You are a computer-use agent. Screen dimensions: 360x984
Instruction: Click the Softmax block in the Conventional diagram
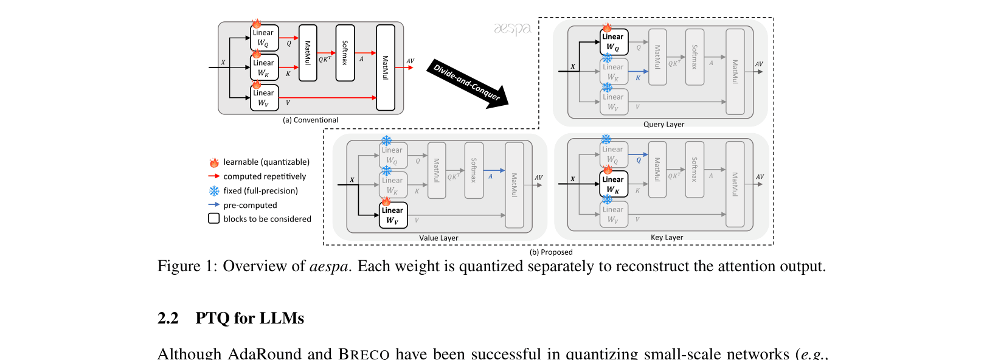(x=345, y=54)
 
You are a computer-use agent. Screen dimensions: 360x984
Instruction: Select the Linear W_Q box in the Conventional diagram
(x=264, y=38)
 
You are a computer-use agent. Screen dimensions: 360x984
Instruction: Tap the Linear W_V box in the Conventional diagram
(x=264, y=98)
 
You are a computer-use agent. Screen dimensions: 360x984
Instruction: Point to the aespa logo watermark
(x=512, y=29)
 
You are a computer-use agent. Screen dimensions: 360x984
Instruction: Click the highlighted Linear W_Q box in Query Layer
(x=614, y=42)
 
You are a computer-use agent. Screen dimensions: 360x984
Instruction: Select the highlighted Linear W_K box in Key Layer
(x=614, y=184)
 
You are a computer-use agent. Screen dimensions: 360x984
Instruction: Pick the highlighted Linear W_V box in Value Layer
(x=393, y=215)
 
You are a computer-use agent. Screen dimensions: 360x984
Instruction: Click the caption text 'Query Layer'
(x=664, y=125)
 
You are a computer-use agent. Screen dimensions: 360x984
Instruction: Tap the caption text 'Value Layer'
(x=438, y=238)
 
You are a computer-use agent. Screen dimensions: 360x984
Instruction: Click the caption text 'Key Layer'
(x=667, y=238)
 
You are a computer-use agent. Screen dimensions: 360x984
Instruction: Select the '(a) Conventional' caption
(x=310, y=120)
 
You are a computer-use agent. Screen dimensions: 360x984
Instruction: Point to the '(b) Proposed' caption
(x=551, y=252)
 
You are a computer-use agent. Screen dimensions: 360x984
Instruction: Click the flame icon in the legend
(x=214, y=162)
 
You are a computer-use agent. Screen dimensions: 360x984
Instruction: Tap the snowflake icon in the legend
(x=214, y=191)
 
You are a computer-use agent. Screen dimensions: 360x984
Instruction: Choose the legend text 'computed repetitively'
(x=265, y=177)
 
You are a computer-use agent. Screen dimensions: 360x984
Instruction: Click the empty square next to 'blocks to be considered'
(x=214, y=218)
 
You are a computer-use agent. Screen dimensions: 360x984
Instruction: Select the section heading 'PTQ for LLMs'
(x=249, y=319)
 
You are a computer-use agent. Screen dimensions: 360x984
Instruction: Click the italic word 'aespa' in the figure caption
(x=328, y=266)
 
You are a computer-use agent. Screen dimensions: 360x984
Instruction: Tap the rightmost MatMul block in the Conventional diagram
(x=385, y=67)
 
